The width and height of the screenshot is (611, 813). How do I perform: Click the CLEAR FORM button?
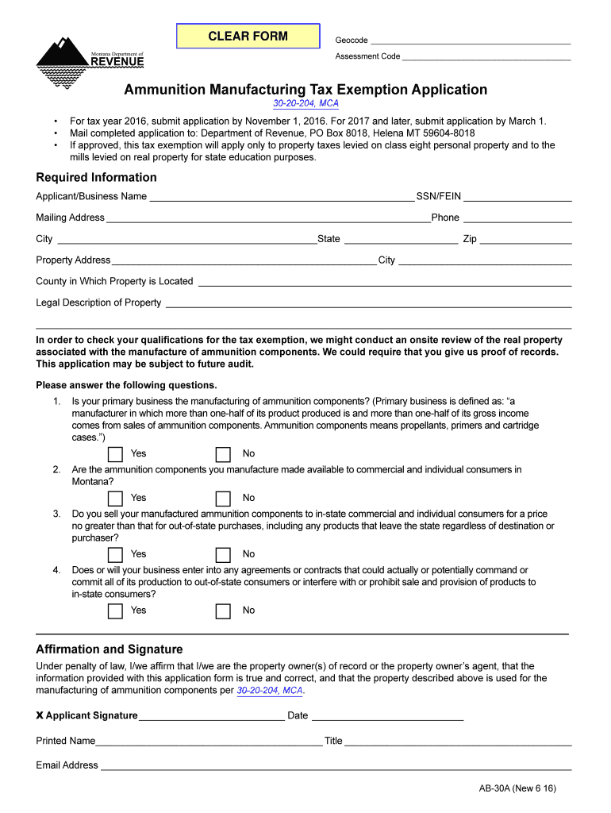click(x=248, y=37)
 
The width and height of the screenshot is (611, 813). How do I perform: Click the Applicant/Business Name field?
click(x=282, y=196)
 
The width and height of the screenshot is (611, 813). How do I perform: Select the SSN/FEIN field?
click(x=517, y=196)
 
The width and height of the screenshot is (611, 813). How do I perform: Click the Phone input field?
click(x=517, y=218)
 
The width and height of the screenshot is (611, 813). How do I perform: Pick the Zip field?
click(x=525, y=239)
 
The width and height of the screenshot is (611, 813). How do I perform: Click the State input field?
click(x=400, y=239)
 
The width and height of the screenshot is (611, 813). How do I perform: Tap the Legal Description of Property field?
click(x=367, y=302)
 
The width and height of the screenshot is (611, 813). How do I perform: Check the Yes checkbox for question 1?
click(x=116, y=454)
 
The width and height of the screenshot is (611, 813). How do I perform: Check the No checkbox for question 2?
click(x=224, y=499)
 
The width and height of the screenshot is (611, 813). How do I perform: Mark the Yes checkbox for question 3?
click(x=116, y=555)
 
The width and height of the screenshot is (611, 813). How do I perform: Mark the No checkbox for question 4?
click(x=224, y=611)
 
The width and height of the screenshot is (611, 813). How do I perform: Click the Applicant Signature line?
click(x=211, y=715)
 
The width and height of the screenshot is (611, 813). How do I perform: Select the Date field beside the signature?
click(x=387, y=715)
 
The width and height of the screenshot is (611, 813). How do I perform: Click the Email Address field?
click(x=335, y=765)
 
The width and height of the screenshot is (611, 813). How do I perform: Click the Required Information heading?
click(x=96, y=177)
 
